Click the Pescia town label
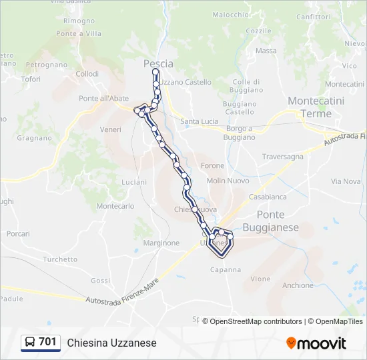pyautogui.click(x=158, y=64)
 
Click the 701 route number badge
pyautogui.click(x=40, y=342)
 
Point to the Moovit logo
pyautogui.click(x=316, y=343)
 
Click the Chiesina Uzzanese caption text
pyautogui.click(x=111, y=343)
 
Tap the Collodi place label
pyautogui.click(x=87, y=74)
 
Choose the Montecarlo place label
pyautogui.click(x=115, y=207)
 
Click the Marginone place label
pyautogui.click(x=161, y=243)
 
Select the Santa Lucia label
pyautogui.click(x=200, y=121)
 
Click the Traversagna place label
pyautogui.click(x=282, y=157)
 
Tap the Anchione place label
pyautogui.click(x=298, y=285)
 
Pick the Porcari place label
pyautogui.click(x=18, y=234)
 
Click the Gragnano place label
pyautogui.click(x=35, y=138)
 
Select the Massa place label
pyautogui.click(x=266, y=51)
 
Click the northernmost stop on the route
pyautogui.click(x=155, y=71)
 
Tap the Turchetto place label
pyautogui.click(x=60, y=259)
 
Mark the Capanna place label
pyautogui.click(x=226, y=270)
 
